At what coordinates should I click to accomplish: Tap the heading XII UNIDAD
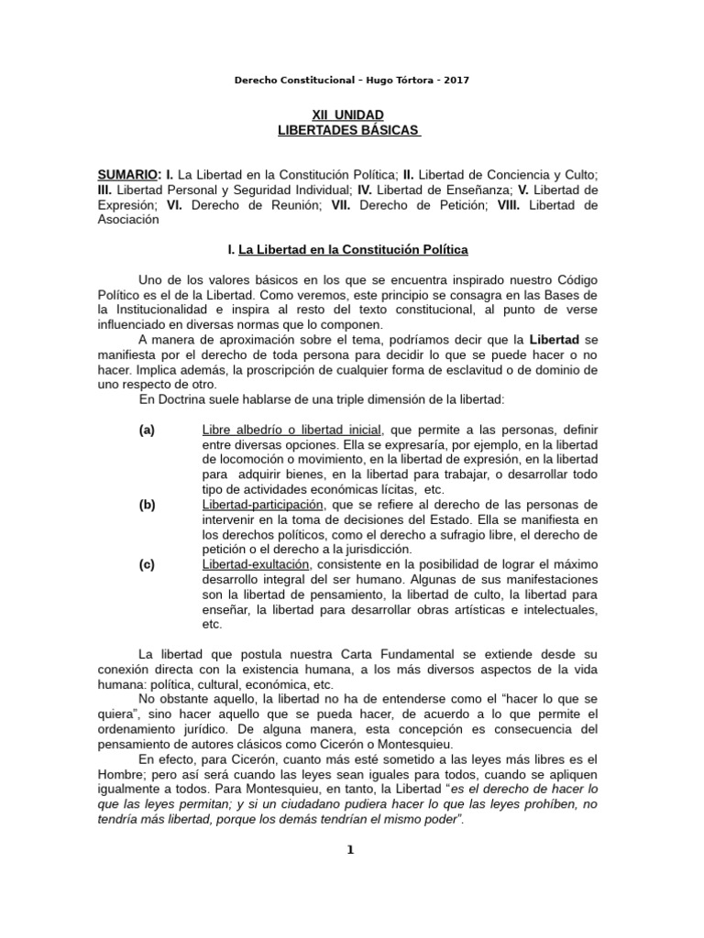pyautogui.click(x=348, y=115)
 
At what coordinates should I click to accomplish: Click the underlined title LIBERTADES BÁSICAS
pyautogui.click(x=348, y=131)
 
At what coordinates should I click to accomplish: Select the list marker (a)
pyautogui.click(x=147, y=429)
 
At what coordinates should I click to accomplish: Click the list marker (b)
pyautogui.click(x=147, y=504)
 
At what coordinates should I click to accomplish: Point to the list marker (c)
pyautogui.click(x=147, y=564)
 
